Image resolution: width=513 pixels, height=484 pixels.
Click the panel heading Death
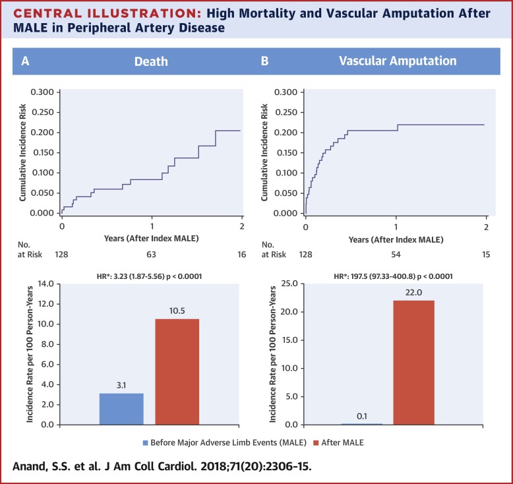coord(152,61)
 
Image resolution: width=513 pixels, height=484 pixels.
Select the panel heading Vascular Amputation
coord(397,61)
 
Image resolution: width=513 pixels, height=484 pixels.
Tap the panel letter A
coord(25,61)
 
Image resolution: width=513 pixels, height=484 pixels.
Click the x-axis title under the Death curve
coord(152,237)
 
